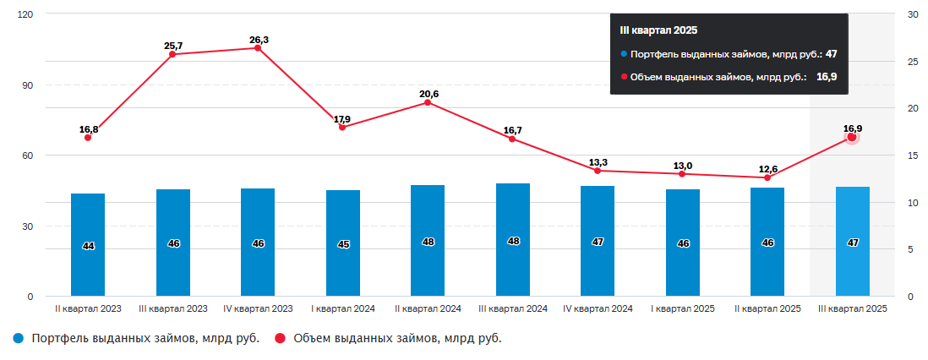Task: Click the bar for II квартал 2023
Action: click(88, 245)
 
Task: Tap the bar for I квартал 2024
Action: click(342, 243)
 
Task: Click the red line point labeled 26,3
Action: click(258, 47)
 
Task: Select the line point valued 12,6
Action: click(767, 177)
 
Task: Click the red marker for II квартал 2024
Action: click(428, 102)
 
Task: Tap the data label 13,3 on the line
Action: click(598, 162)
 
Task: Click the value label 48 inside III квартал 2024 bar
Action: click(513, 241)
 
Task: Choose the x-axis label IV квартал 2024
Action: click(598, 309)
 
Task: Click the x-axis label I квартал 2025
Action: click(683, 309)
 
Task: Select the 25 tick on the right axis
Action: click(912, 62)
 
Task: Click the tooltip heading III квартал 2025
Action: click(658, 30)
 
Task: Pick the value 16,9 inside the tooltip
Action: click(827, 77)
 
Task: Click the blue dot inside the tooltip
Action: click(624, 54)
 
